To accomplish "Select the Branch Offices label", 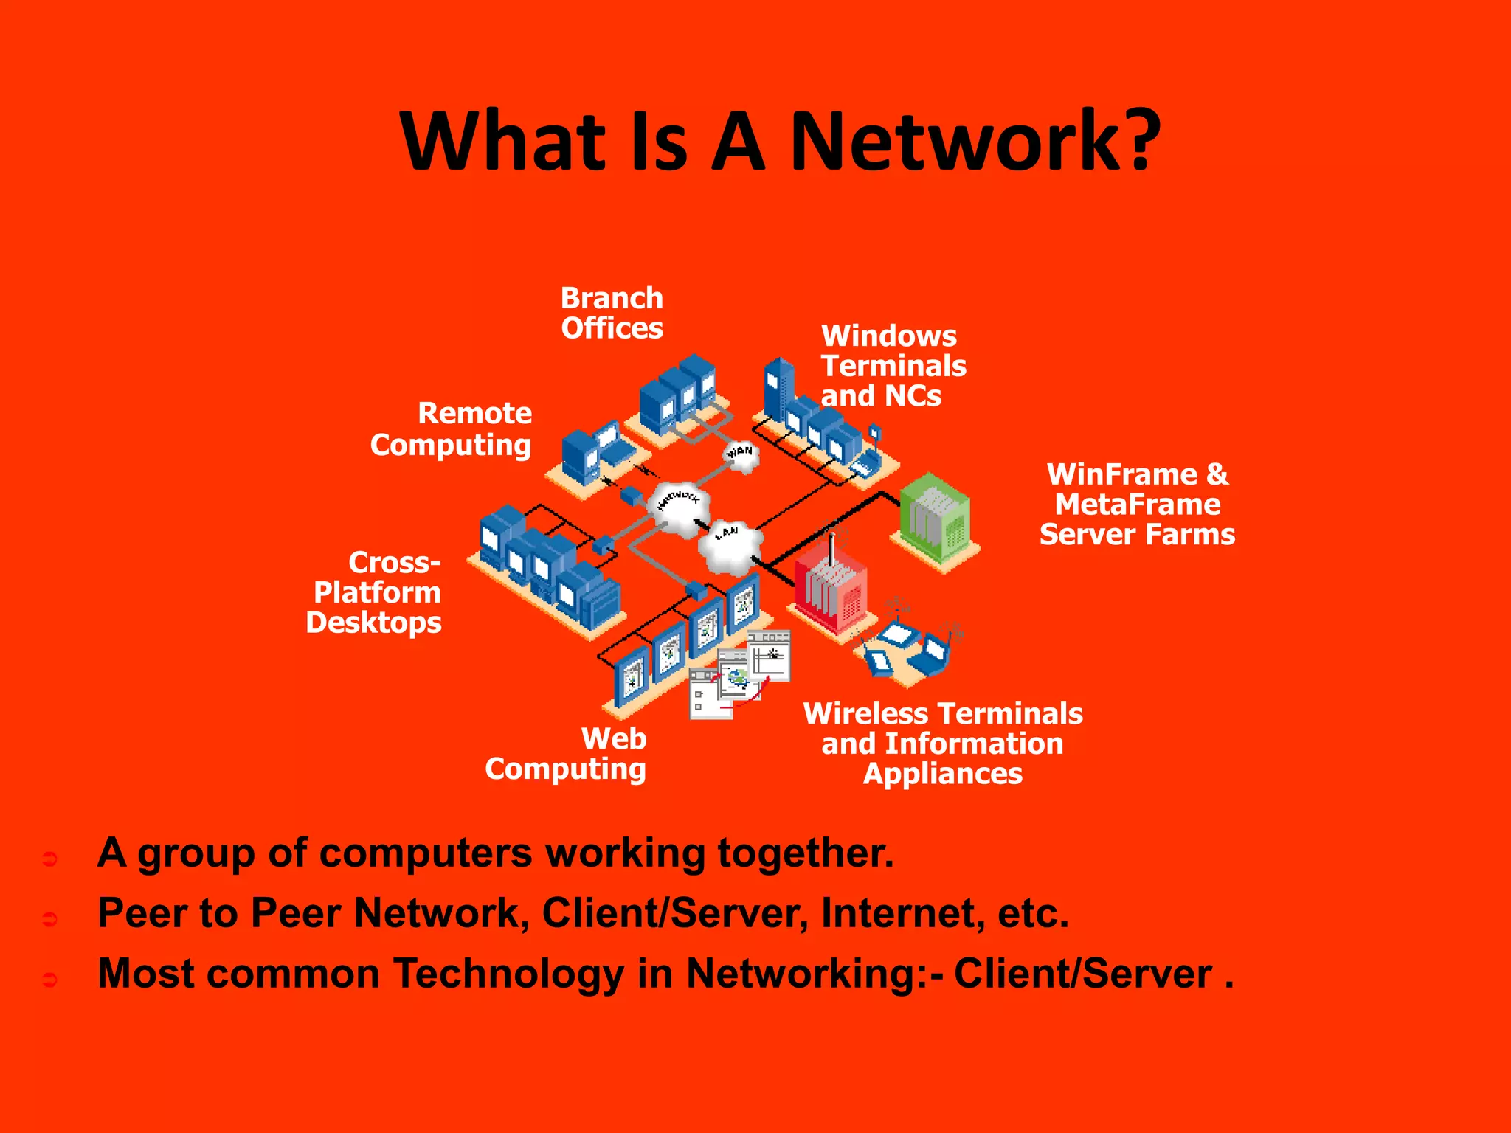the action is point(612,313).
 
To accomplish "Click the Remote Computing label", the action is point(452,429).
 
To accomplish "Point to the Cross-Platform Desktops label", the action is point(375,592).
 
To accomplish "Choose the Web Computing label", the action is point(567,754).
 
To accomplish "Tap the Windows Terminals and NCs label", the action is point(893,366).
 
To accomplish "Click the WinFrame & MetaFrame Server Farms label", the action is point(1137,505).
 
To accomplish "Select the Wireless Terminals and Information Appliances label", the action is point(942,744).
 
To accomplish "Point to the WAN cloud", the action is point(741,453).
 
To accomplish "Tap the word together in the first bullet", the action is point(805,853).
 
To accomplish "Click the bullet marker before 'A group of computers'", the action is point(50,859).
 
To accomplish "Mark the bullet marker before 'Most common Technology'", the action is point(50,980).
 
